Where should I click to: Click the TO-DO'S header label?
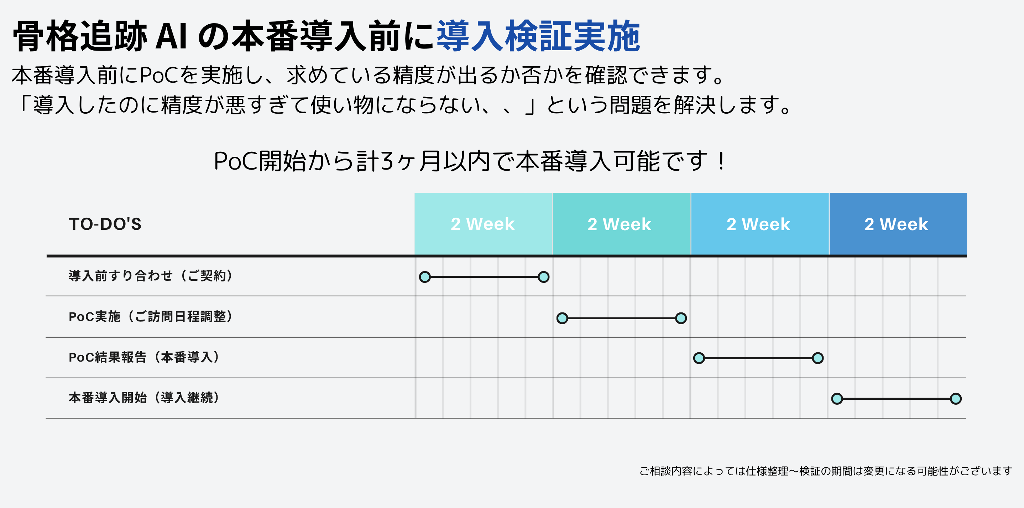point(105,224)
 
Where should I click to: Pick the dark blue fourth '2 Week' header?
point(898,224)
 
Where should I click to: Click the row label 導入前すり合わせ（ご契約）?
point(151,276)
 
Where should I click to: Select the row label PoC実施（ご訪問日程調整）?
point(151,317)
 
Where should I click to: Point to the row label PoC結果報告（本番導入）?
point(144,357)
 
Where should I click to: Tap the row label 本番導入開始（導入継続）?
point(144,398)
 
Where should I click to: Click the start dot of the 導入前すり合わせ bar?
point(425,277)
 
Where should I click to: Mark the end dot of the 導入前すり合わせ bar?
point(543,277)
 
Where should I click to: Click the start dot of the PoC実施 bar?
point(562,318)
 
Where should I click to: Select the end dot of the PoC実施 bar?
point(681,318)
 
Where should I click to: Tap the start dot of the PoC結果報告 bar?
point(699,358)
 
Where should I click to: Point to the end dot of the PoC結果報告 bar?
point(818,358)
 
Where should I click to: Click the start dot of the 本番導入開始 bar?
point(837,399)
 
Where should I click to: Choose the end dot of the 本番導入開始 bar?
point(956,399)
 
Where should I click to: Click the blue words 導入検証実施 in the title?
point(539,37)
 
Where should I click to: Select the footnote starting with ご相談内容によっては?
point(826,471)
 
